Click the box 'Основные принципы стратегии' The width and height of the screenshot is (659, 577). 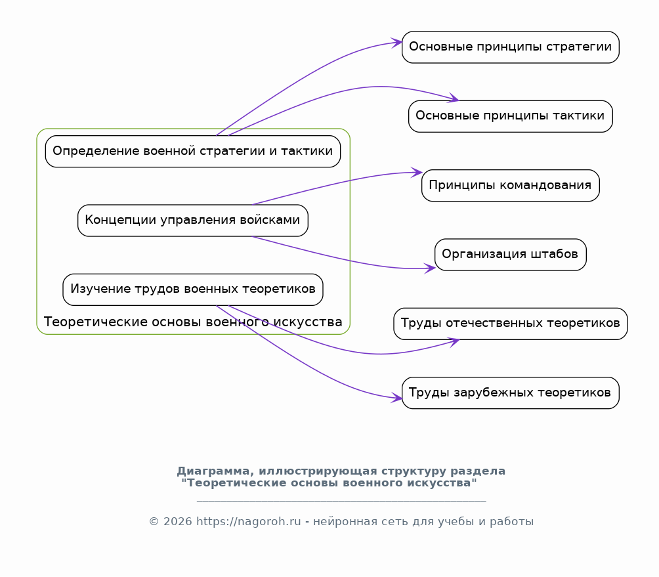point(510,47)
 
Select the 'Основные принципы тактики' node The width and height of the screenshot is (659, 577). point(510,116)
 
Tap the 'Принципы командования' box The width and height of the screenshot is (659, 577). point(510,185)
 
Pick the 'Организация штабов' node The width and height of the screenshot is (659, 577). point(510,255)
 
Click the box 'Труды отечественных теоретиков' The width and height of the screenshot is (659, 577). point(510,324)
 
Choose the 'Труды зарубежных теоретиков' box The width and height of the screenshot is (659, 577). point(510,393)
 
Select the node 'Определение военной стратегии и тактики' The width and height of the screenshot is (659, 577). point(193,151)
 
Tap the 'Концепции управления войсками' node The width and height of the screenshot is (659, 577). point(193,221)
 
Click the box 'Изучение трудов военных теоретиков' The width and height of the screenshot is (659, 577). point(193,289)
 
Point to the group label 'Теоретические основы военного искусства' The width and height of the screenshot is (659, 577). point(193,322)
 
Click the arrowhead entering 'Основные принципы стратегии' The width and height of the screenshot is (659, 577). point(397,43)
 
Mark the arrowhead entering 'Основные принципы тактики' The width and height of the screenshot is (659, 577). point(454,98)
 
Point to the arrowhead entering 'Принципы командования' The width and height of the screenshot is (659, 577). point(417,172)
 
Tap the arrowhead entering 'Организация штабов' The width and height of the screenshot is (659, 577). point(430,268)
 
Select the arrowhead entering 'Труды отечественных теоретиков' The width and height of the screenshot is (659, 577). point(454,342)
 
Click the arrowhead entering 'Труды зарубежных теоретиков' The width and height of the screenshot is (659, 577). point(397,398)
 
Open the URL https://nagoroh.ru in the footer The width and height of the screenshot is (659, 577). point(248,521)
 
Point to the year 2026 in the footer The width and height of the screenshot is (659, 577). point(177,521)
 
